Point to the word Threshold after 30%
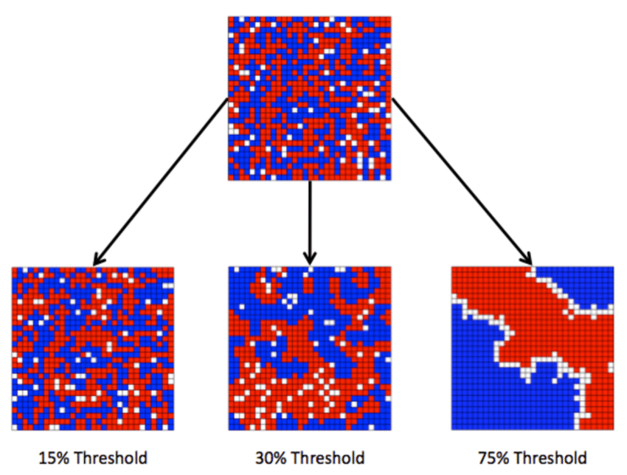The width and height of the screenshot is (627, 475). (x=328, y=458)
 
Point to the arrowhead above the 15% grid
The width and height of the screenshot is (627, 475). (x=98, y=258)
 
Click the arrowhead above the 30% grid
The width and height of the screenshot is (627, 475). (x=310, y=258)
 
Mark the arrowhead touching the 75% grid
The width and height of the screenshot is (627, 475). (x=527, y=258)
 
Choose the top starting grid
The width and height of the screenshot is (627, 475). (x=310, y=98)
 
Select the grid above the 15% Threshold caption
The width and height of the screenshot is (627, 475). (x=93, y=348)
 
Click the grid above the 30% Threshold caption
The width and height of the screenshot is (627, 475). (x=310, y=348)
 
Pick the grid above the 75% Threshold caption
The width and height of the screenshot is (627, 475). (x=533, y=348)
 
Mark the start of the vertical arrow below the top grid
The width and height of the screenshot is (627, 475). (x=310, y=181)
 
